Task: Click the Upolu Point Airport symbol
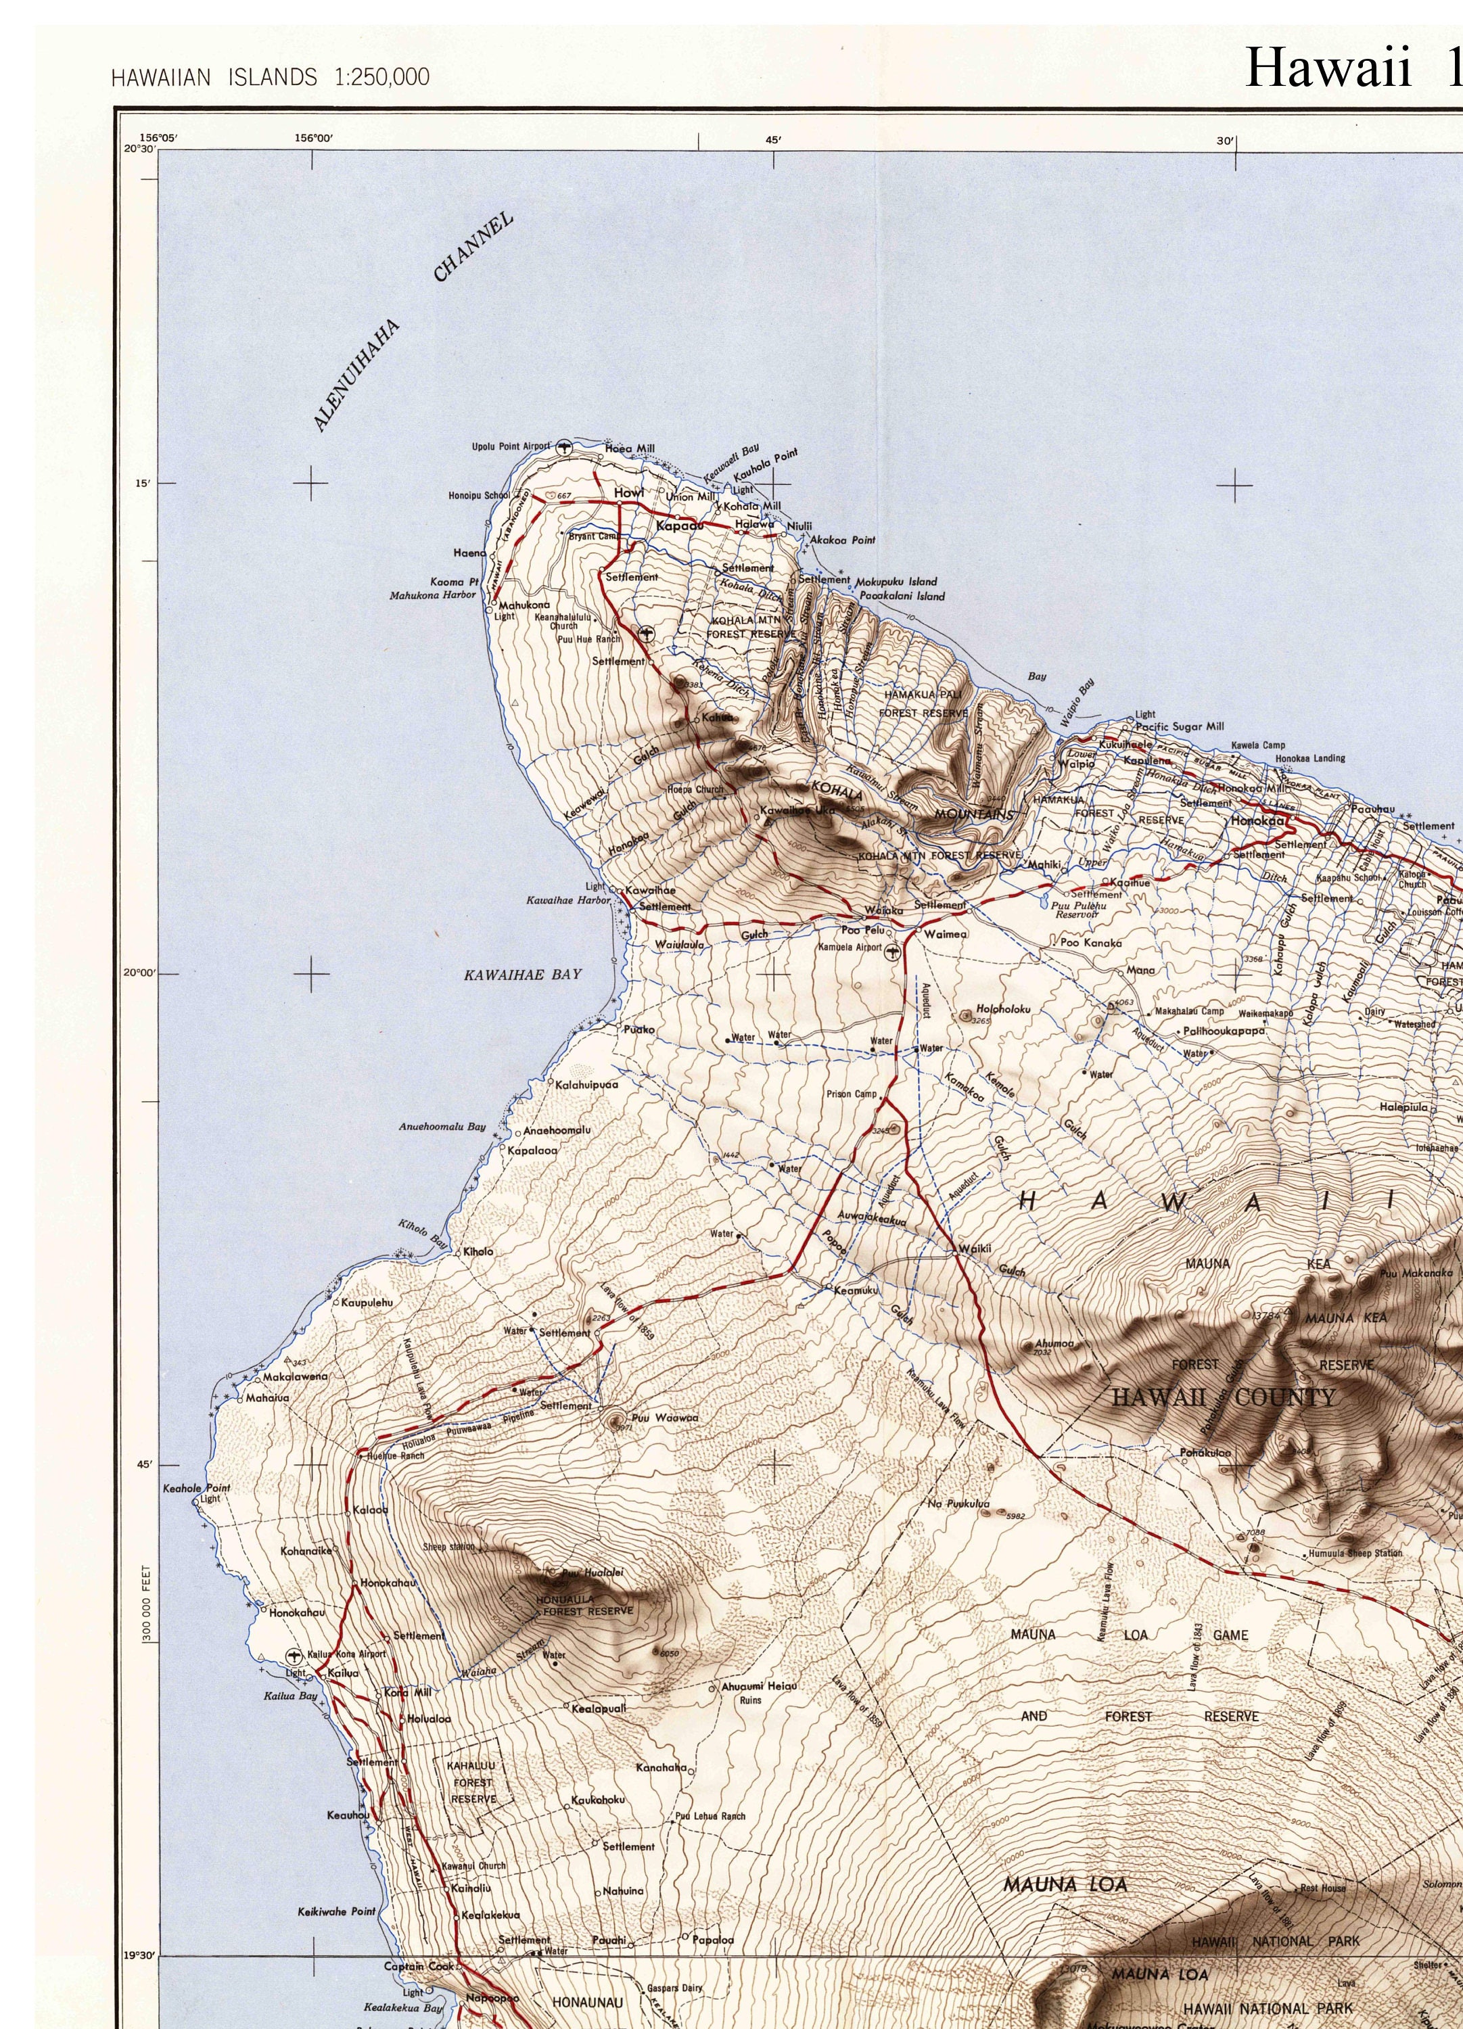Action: pyautogui.click(x=563, y=447)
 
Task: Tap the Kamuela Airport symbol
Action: pyautogui.click(x=891, y=954)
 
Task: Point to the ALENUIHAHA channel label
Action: pyautogui.click(x=356, y=375)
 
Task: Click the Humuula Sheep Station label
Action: pyautogui.click(x=1355, y=1554)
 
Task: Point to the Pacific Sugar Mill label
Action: pyautogui.click(x=1180, y=726)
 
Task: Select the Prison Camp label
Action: pyautogui.click(x=852, y=1094)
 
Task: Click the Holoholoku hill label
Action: pyautogui.click(x=1004, y=1008)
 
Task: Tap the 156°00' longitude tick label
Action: pyautogui.click(x=313, y=138)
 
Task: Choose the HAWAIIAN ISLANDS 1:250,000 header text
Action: pyautogui.click(x=271, y=78)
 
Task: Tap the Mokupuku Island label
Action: pyautogui.click(x=897, y=582)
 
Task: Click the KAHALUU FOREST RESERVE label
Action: pyautogui.click(x=473, y=1782)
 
